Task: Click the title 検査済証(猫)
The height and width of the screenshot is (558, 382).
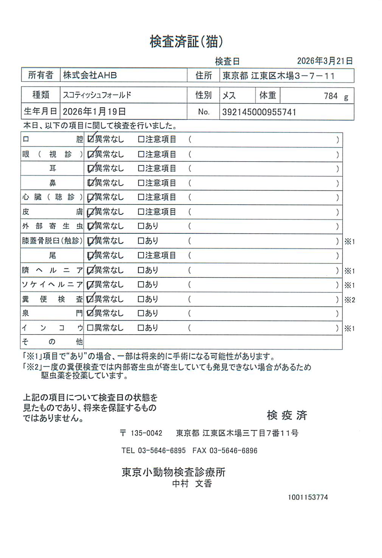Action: [x=186, y=42]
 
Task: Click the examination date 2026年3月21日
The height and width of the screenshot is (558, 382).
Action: [x=325, y=61]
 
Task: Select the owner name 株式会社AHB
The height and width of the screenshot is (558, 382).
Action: [x=90, y=75]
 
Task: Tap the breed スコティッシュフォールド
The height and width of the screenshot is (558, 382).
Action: [x=97, y=95]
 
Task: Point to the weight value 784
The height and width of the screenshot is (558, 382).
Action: [x=331, y=96]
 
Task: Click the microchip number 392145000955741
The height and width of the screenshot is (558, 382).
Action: [x=259, y=112]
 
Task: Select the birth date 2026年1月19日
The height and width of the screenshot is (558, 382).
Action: [x=94, y=112]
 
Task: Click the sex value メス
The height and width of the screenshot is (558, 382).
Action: [x=229, y=96]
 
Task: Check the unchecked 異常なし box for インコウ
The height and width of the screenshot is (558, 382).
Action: [x=90, y=328]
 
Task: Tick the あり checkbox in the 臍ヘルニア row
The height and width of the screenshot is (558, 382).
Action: [x=141, y=270]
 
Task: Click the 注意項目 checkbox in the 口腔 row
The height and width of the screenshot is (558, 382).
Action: [x=141, y=139]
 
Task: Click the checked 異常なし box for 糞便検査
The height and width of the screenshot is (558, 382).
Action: [x=90, y=299]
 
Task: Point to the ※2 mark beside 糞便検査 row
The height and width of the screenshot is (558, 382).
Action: [x=349, y=300]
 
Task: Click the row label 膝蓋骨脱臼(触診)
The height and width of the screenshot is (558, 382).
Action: [x=52, y=241]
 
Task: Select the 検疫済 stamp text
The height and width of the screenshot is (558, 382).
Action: [x=287, y=415]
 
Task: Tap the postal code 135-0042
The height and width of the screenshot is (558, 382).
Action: [x=146, y=433]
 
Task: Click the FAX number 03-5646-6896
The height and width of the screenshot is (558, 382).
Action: [x=233, y=451]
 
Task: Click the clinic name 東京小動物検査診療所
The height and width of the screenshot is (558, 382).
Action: [x=173, y=472]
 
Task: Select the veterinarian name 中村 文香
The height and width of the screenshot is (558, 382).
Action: [x=192, y=484]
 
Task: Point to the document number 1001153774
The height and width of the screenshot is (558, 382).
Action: [x=307, y=497]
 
